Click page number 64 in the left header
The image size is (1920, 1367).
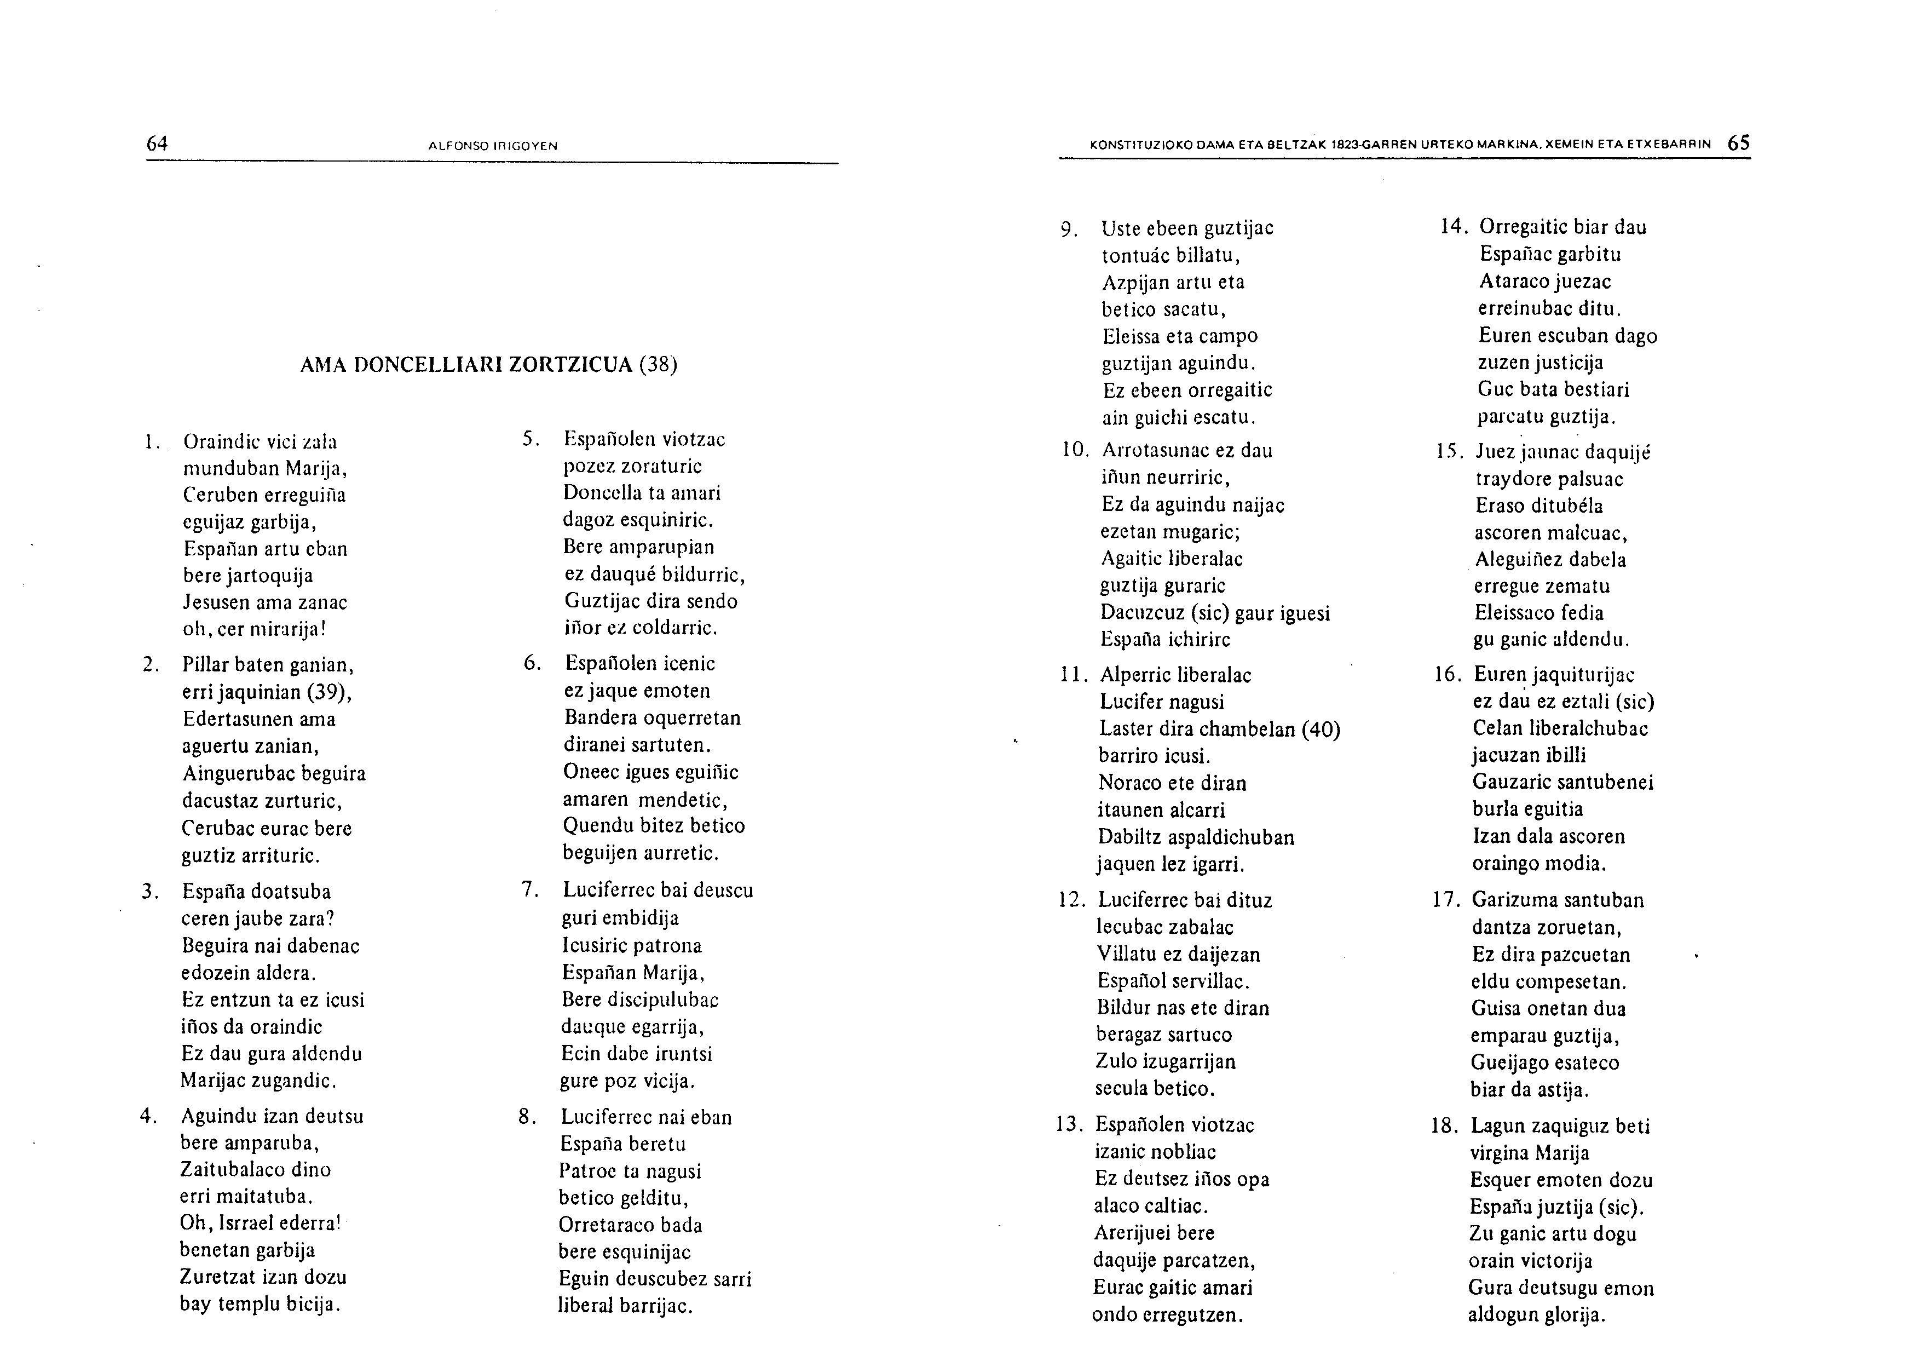pos(157,144)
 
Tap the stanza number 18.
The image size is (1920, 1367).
pos(1443,1125)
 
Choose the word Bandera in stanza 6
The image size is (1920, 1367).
pos(601,718)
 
